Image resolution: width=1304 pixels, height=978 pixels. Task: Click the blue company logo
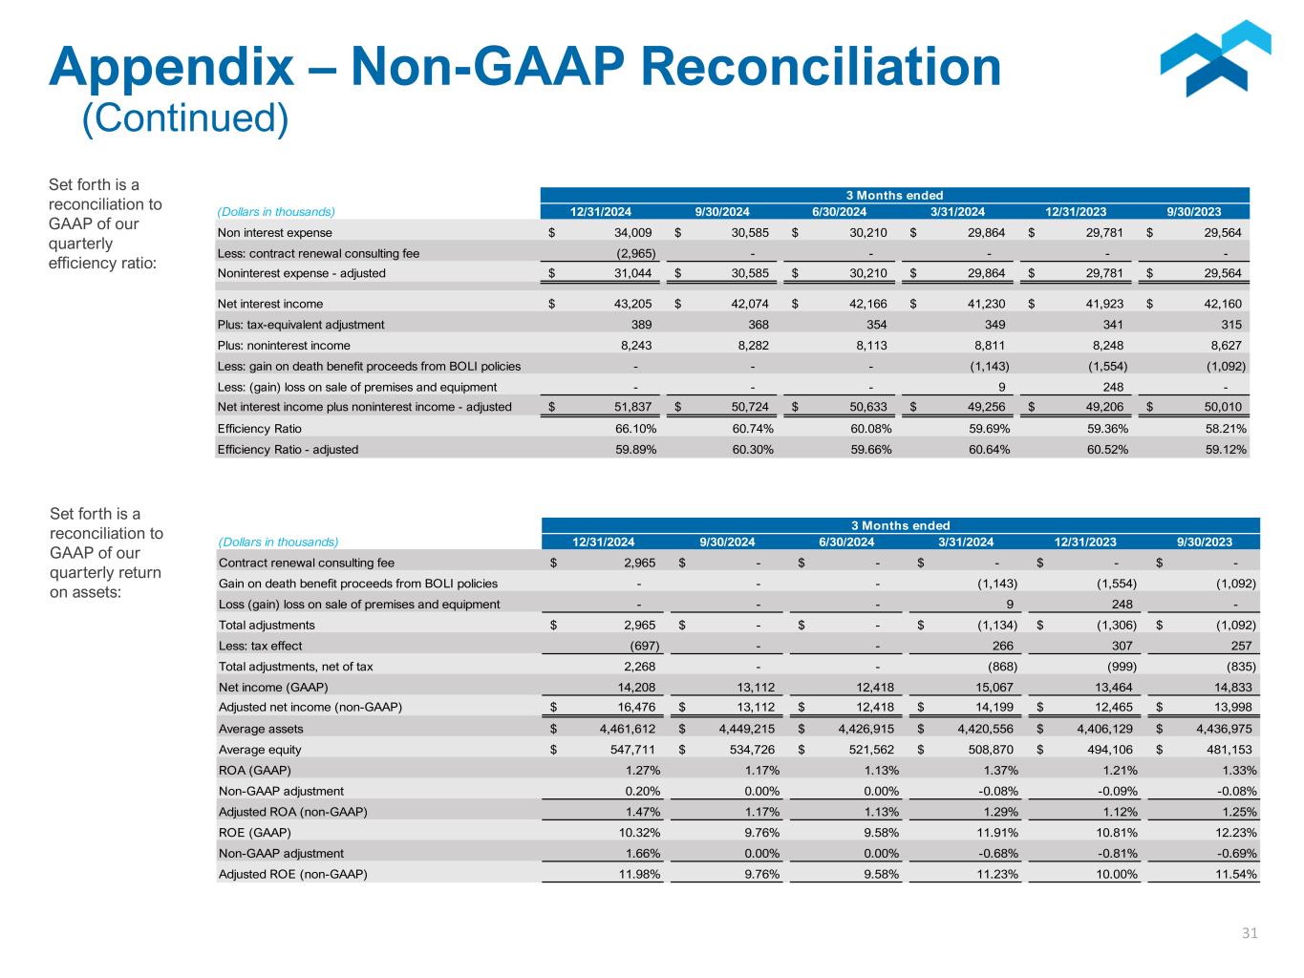point(1214,59)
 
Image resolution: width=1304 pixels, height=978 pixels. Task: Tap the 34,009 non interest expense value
point(631,232)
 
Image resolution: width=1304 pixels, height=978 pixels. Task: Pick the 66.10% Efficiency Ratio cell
point(635,429)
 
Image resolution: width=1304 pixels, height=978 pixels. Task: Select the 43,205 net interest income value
point(631,304)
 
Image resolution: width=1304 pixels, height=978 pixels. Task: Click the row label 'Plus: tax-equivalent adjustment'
point(301,325)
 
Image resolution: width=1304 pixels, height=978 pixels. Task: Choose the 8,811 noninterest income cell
point(990,346)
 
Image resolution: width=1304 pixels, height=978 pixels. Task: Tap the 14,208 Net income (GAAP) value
point(634,687)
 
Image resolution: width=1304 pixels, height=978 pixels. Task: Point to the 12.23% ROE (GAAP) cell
point(1233,833)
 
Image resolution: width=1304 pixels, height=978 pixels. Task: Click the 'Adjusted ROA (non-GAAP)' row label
point(293,812)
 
